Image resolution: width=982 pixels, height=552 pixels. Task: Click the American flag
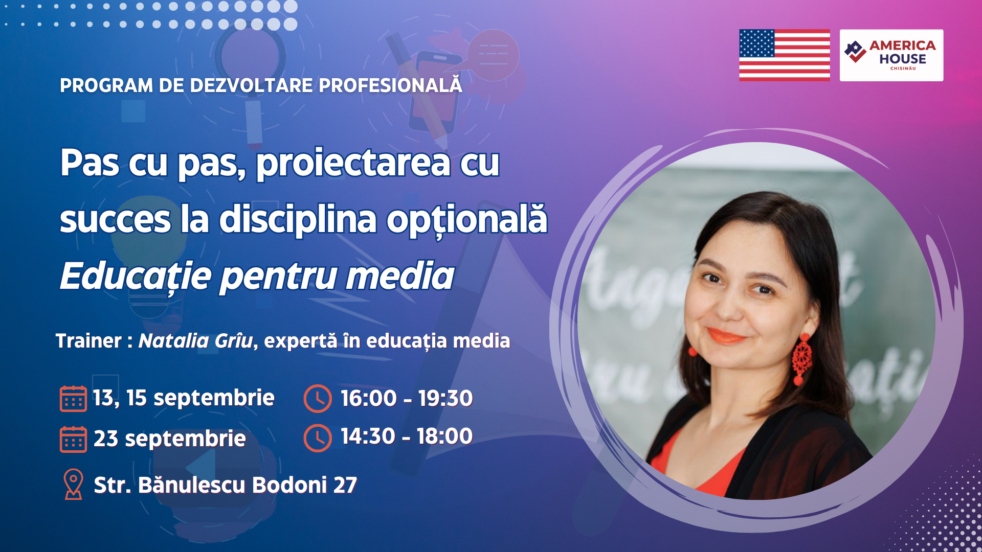coord(784,55)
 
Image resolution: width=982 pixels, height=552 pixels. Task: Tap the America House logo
coord(891,55)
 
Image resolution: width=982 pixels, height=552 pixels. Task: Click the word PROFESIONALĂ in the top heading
coord(390,85)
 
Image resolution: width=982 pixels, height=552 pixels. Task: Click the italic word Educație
coord(136,277)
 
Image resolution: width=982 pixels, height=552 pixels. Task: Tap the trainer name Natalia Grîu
coord(195,341)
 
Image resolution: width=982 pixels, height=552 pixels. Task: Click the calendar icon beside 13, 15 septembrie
coord(73,399)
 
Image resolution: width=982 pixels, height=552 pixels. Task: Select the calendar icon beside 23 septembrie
coord(73,439)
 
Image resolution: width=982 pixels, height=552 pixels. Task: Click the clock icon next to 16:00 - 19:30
coord(318,399)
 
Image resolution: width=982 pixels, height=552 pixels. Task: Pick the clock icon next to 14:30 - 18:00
coord(318,438)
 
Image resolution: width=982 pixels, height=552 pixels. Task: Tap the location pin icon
coord(73,484)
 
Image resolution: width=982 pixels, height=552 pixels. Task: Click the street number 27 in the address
coord(345,485)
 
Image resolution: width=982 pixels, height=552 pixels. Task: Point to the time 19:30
coord(445,398)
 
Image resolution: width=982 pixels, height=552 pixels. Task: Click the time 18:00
coord(444,436)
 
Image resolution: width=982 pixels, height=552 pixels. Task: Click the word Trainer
coord(88,341)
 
